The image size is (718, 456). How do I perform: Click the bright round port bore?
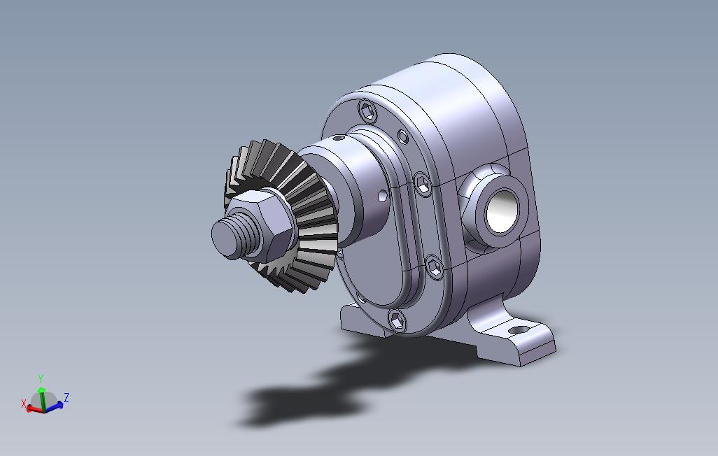tap(502, 211)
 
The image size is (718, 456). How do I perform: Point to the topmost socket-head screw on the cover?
tap(367, 111)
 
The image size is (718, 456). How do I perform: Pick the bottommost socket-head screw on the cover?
tap(397, 320)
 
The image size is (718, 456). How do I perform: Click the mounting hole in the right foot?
tap(518, 329)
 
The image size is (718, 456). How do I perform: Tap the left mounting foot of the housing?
tap(362, 320)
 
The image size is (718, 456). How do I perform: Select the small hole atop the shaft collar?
tap(339, 137)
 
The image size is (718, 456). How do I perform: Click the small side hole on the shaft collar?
tap(382, 196)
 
